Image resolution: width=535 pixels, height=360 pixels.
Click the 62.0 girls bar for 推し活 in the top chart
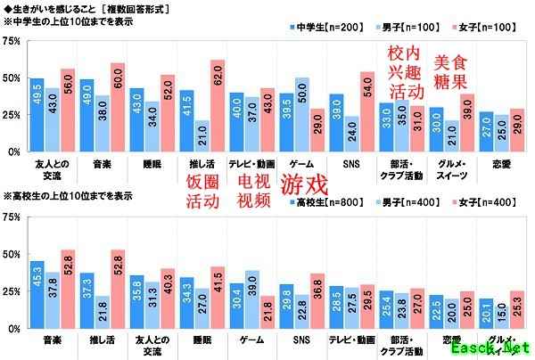pyautogui.click(x=218, y=106)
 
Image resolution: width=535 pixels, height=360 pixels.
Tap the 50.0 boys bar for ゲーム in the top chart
pyautogui.click(x=302, y=115)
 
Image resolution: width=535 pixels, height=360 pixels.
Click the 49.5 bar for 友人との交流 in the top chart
pyautogui.click(x=37, y=115)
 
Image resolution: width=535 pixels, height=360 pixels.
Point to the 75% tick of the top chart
pyautogui.click(x=12, y=41)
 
